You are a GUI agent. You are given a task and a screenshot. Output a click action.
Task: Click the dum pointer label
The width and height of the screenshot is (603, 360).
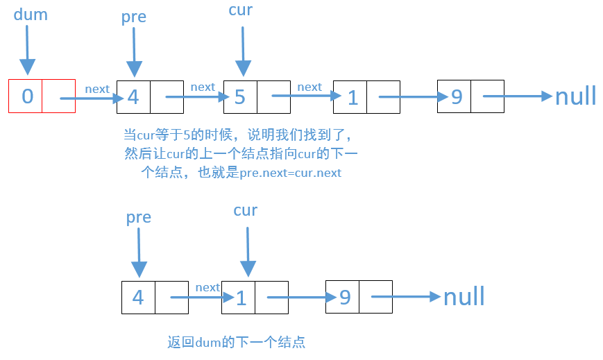31,15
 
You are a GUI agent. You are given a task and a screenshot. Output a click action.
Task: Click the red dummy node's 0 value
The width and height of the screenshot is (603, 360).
26,96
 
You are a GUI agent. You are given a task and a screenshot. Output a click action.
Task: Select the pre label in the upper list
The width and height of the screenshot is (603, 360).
133,17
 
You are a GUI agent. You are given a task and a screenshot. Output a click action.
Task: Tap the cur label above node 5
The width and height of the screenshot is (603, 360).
240,10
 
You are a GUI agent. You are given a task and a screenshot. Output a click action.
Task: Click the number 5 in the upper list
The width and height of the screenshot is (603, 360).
239,97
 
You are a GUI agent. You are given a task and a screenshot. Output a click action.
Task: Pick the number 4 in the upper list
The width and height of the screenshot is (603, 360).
133,97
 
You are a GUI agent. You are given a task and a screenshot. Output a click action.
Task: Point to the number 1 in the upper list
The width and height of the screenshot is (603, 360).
352,98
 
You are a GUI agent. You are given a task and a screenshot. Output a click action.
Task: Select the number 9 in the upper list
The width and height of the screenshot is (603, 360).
457,96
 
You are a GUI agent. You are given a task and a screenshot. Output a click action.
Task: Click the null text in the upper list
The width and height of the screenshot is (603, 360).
575,96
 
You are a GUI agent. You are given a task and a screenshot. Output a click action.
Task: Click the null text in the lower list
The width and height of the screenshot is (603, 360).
464,297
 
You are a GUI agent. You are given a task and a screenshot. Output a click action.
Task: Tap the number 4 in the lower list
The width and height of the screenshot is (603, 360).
138,298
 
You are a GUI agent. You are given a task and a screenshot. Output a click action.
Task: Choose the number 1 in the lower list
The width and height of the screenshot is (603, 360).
241,298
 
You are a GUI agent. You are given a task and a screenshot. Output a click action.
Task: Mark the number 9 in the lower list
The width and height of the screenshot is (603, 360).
344,298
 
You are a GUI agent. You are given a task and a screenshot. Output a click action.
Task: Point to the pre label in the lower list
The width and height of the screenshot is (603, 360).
138,217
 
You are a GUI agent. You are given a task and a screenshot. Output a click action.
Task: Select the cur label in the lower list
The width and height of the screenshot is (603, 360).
246,210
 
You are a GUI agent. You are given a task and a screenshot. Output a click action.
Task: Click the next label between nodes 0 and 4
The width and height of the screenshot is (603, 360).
97,89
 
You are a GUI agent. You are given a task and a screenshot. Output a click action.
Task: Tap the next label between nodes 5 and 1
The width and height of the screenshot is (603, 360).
309,87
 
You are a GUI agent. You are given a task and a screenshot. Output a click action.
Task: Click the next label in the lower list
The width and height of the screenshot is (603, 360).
207,287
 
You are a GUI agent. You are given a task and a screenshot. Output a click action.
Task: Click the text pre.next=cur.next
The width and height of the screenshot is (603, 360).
290,173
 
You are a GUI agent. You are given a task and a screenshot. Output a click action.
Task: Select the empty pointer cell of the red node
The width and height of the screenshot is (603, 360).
59,96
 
